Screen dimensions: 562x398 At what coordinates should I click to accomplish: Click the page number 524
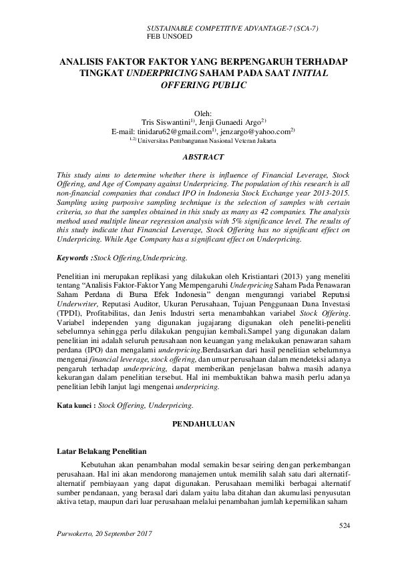pos(345,527)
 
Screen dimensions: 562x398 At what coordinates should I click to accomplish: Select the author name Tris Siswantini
pos(166,122)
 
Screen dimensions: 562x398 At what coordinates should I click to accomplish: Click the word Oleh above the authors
pos(202,113)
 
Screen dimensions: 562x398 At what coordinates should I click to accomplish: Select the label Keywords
pos(74,257)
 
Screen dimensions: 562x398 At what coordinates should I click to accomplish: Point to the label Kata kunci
pos(76,404)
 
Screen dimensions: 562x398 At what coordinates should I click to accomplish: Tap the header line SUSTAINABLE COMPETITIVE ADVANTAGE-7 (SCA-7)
pos(232,29)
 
